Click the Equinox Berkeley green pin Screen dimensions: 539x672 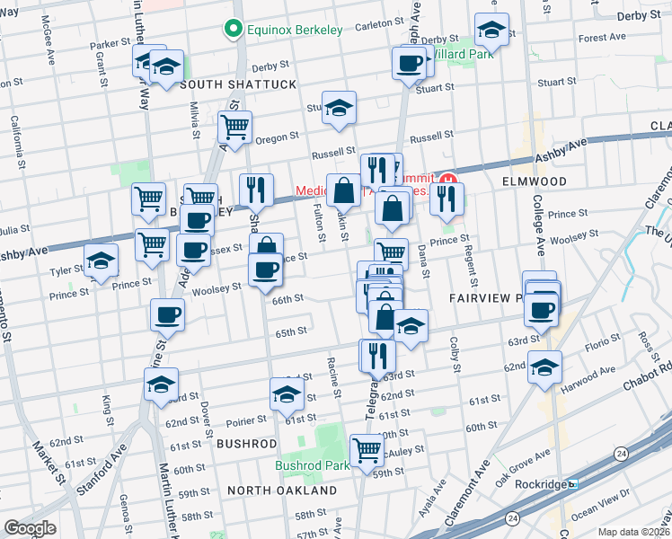(x=235, y=30)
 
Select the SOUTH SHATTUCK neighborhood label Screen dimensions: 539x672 (x=238, y=84)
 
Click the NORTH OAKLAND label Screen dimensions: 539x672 (x=281, y=490)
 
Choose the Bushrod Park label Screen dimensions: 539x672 (x=312, y=466)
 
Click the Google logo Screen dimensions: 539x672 (x=30, y=528)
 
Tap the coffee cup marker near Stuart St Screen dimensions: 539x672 (x=410, y=63)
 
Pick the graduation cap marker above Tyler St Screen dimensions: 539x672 (x=102, y=261)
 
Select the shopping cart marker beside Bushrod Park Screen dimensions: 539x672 (x=367, y=449)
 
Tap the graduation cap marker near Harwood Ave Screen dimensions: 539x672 (x=544, y=367)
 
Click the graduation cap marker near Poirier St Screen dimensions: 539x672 (x=287, y=394)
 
